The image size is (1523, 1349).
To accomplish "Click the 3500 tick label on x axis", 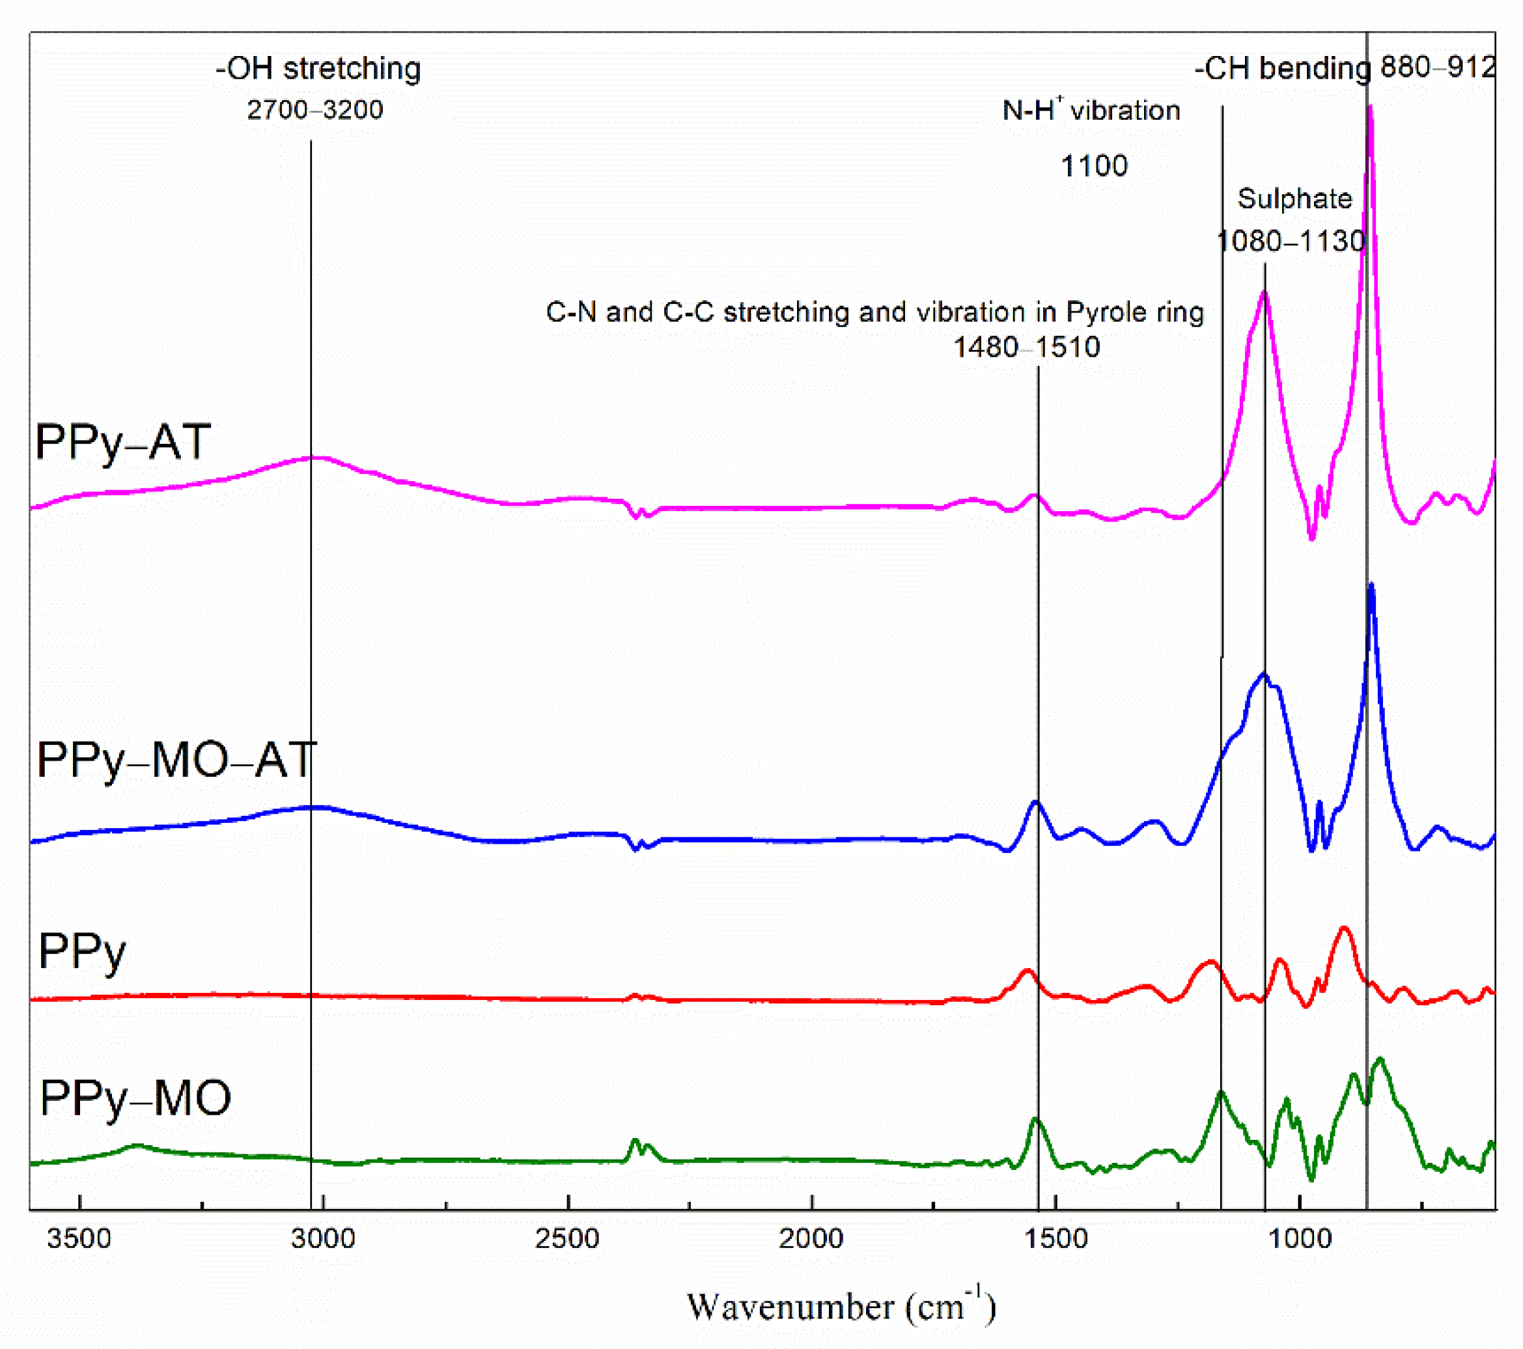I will (78, 1238).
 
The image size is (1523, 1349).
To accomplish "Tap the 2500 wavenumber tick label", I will (567, 1238).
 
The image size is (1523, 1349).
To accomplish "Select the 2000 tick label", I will (811, 1238).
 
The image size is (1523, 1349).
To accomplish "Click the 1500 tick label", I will (1056, 1238).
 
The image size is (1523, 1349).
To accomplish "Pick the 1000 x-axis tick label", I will (1300, 1238).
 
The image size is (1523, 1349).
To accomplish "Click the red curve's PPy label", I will (82, 952).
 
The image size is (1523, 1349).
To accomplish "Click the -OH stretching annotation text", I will (318, 68).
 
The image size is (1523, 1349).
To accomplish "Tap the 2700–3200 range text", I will (314, 110).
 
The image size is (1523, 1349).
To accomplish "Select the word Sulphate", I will (1294, 199).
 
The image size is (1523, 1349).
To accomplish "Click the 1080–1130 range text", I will (1291, 241).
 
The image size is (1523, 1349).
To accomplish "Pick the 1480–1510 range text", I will (1027, 347).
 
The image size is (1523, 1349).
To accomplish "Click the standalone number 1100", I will (1094, 165).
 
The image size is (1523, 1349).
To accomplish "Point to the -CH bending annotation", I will (1281, 68).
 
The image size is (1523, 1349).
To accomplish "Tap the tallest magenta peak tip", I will (1370, 108).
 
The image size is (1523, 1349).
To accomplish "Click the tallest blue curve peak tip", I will (1371, 586).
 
